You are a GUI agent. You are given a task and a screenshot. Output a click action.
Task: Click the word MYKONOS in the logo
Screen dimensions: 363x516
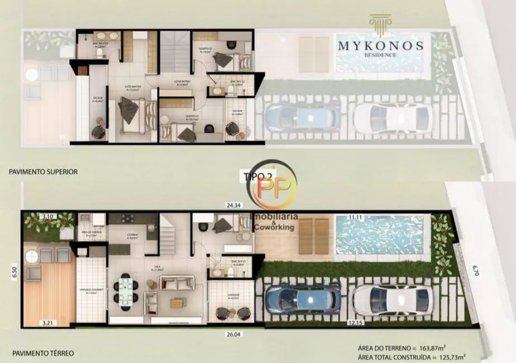tap(380, 45)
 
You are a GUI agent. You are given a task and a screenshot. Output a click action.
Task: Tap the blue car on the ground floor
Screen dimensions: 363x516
tap(303, 299)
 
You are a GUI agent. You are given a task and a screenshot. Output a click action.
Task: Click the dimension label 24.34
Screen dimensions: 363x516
tap(233, 206)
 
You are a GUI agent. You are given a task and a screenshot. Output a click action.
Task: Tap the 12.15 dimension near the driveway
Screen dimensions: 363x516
tap(355, 323)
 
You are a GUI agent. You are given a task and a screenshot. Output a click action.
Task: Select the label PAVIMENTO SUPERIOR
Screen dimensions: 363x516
tap(43, 172)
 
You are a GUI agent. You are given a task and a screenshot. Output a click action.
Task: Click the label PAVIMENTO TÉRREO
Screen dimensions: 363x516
tap(40, 353)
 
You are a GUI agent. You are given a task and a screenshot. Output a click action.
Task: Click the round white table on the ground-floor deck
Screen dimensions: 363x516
tap(32, 256)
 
